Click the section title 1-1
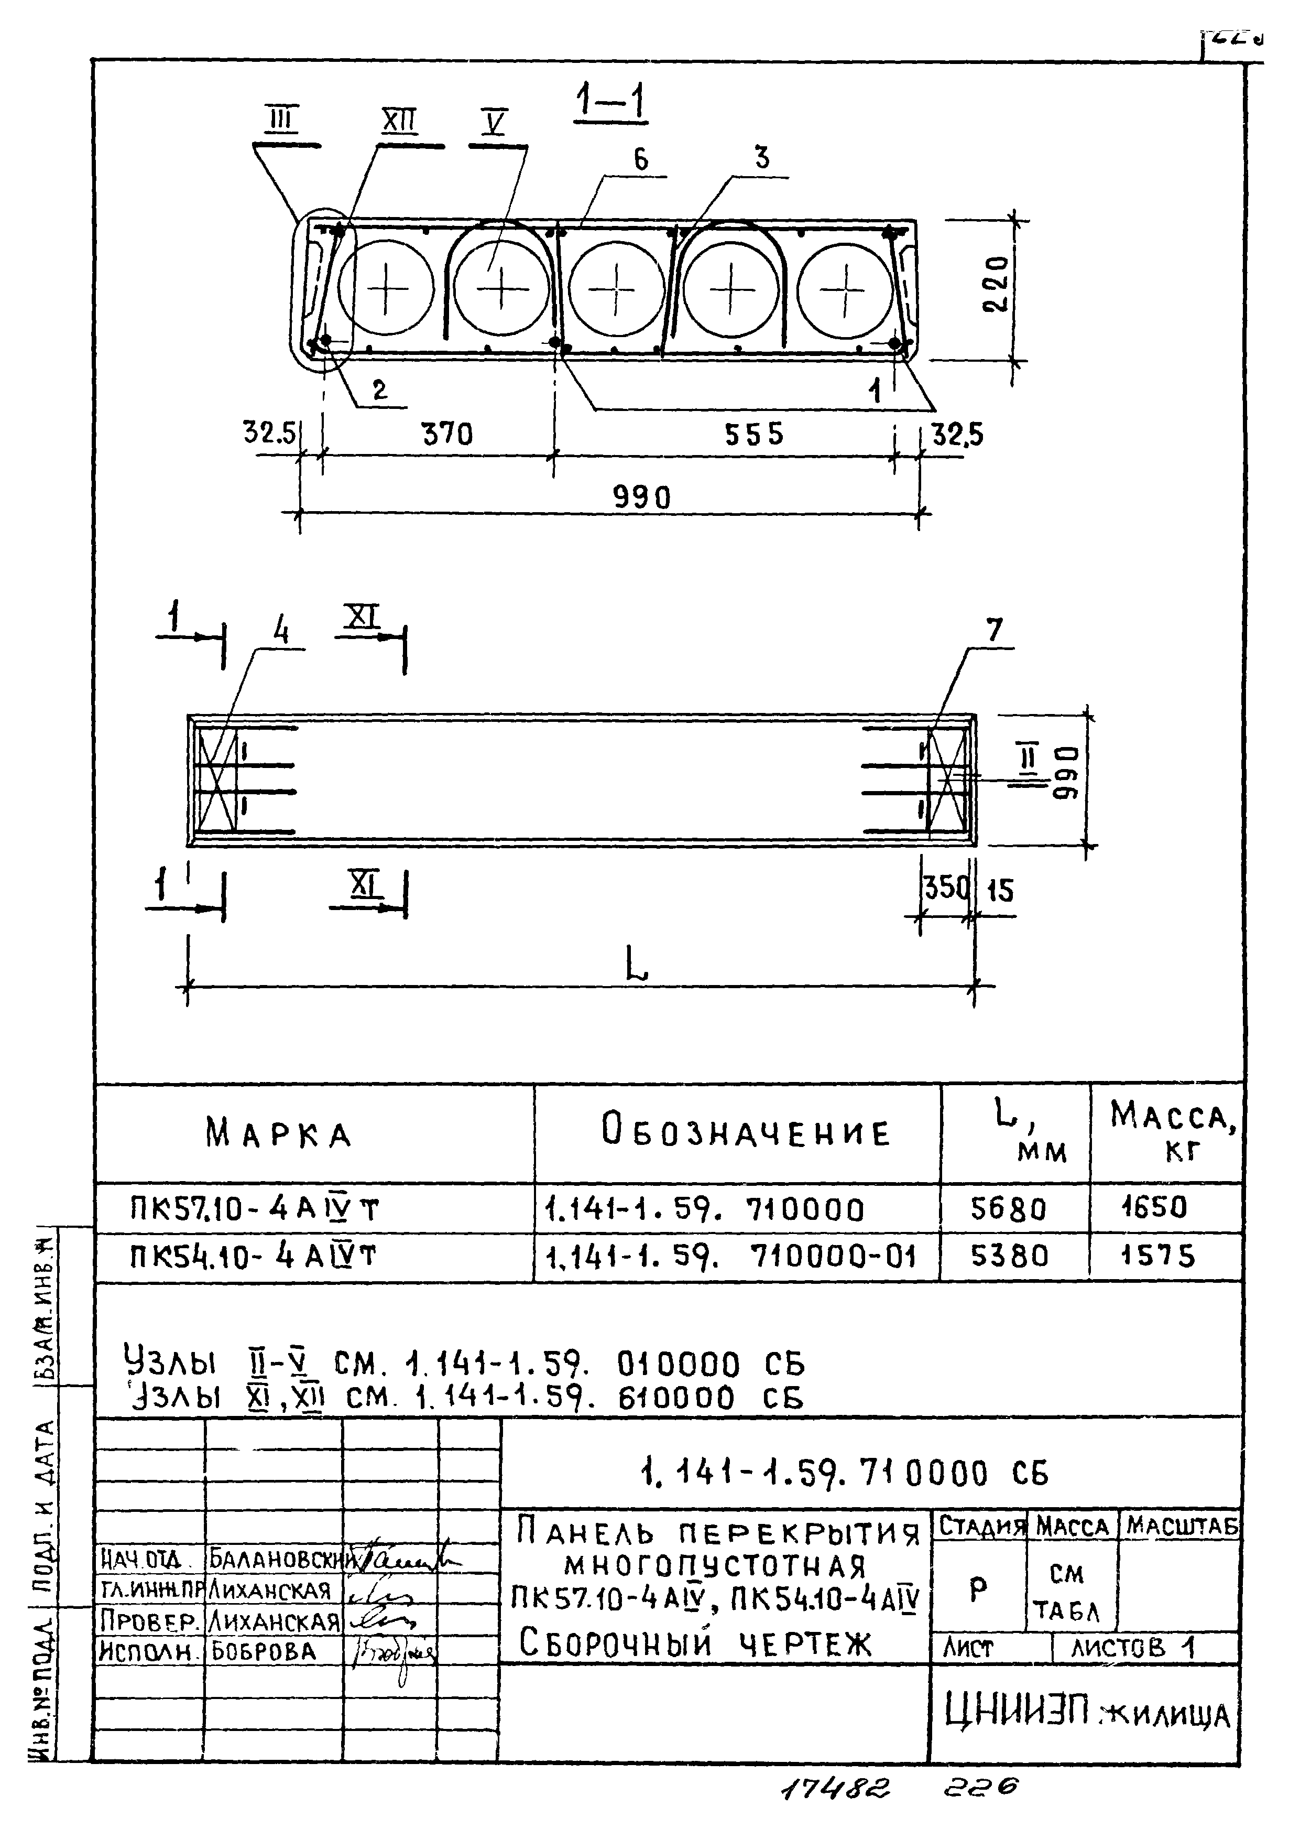pyautogui.click(x=611, y=104)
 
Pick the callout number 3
pyautogui.click(x=761, y=158)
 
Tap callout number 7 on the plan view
pyautogui.click(x=993, y=631)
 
